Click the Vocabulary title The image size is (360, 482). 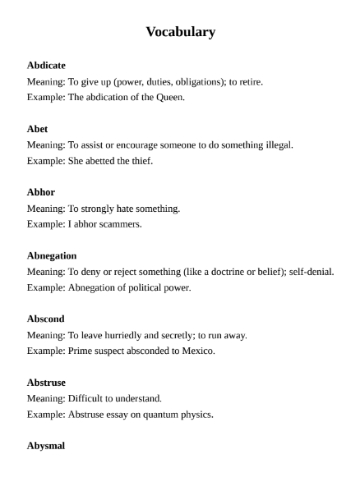[x=180, y=32]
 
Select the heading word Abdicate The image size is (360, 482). [x=46, y=65]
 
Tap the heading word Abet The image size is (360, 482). [x=37, y=128]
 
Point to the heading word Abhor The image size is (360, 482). [x=40, y=192]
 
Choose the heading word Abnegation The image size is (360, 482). [x=52, y=255]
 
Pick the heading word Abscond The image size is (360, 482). [x=46, y=319]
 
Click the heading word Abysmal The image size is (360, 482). [x=46, y=446]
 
